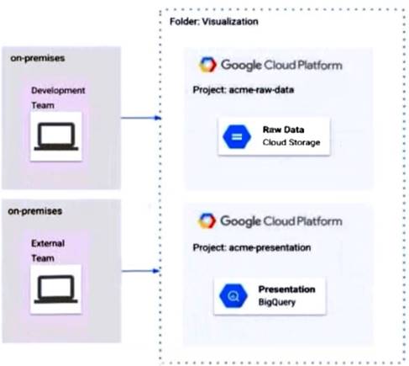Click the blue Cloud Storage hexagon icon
tap(233, 137)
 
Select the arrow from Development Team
tap(139, 118)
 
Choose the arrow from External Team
tap(139, 270)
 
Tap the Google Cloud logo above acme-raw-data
tap(207, 65)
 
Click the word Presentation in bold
tap(286, 289)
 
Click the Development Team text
tap(57, 96)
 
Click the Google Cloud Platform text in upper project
tap(281, 65)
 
